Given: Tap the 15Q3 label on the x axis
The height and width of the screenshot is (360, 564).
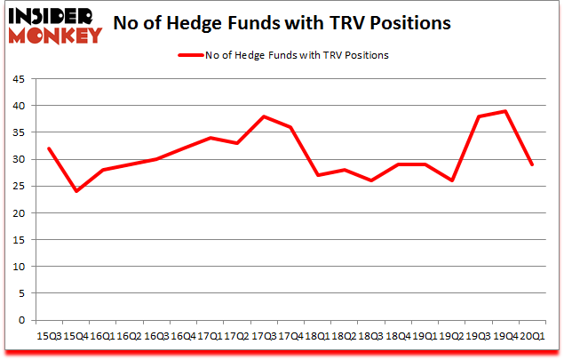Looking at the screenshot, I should (x=48, y=335).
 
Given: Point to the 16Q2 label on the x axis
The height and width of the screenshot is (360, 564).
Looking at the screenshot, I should (x=129, y=335).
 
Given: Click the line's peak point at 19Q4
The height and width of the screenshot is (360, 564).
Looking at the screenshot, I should (x=505, y=111).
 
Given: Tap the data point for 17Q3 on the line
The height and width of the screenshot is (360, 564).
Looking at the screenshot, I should (x=264, y=116).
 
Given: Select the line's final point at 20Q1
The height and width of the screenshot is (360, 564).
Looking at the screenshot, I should (x=532, y=164).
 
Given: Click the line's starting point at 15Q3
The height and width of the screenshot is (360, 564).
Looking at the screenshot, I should (x=48, y=148).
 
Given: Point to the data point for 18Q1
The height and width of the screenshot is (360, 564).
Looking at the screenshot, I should (x=317, y=175).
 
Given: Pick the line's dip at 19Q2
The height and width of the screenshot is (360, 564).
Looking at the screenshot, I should (x=451, y=180).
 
